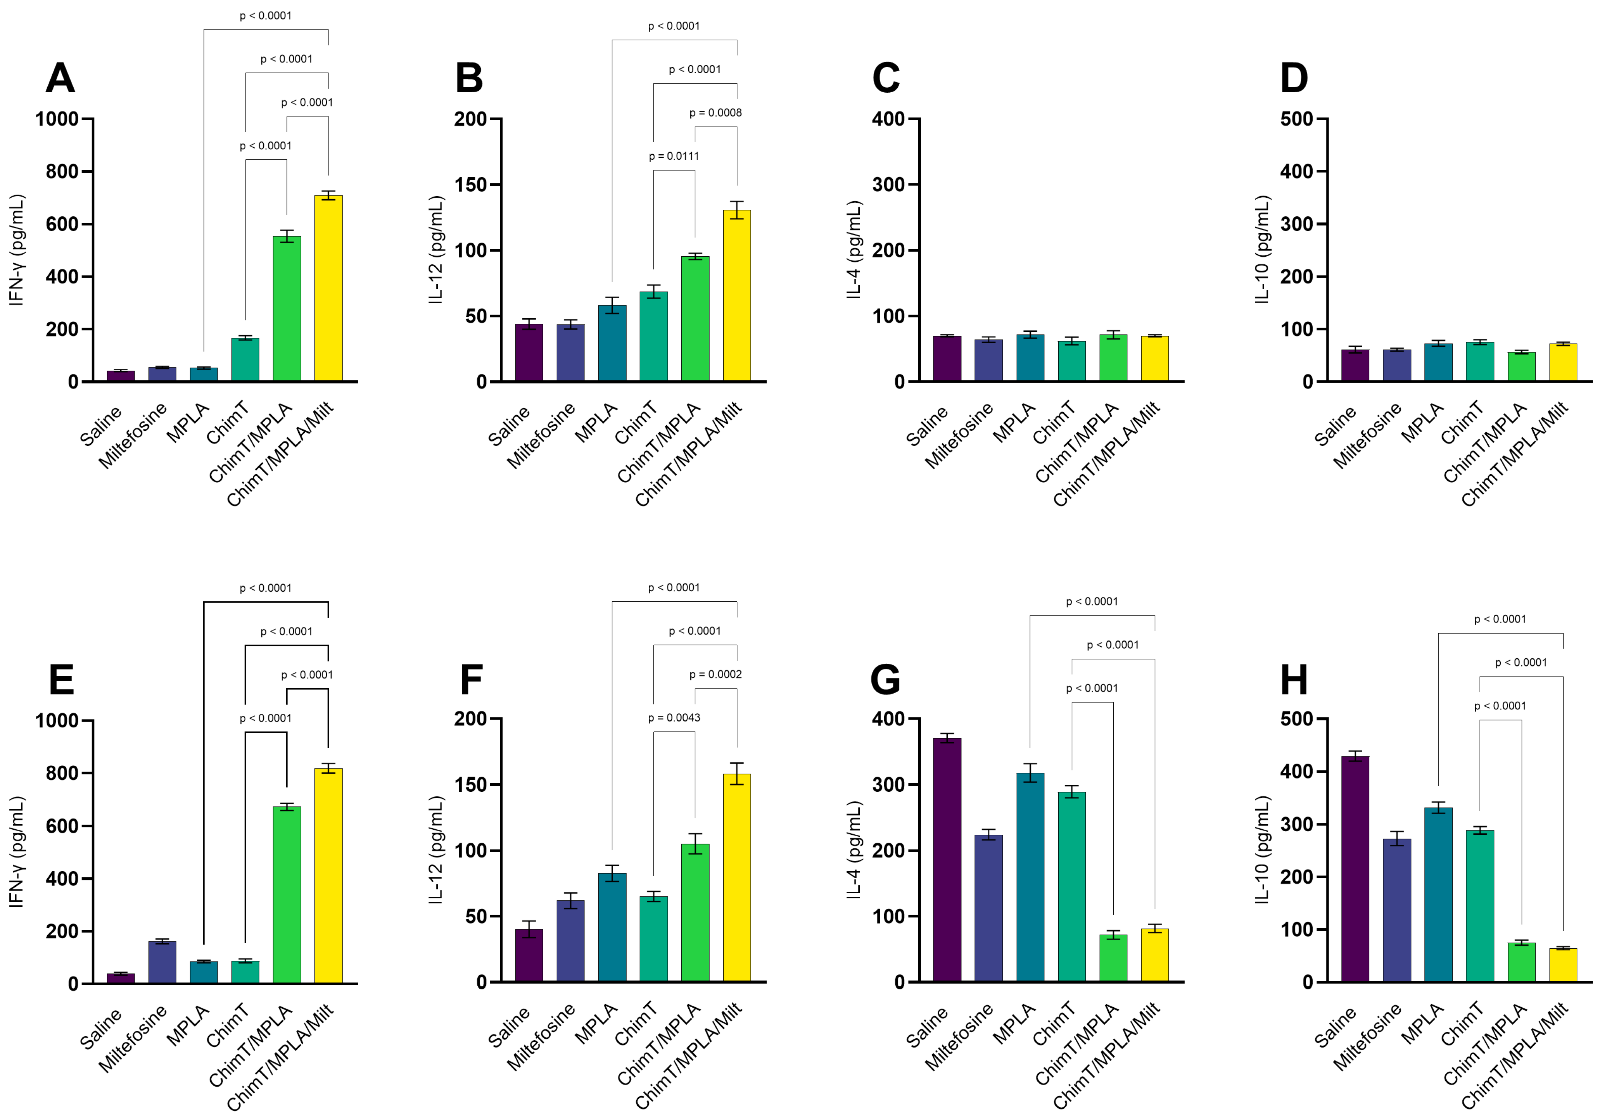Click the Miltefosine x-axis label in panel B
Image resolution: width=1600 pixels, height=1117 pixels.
coord(541,435)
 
